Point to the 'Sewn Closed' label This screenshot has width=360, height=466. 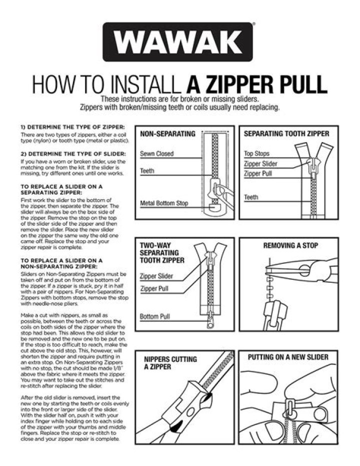point(157,154)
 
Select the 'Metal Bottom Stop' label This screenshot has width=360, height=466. point(164,203)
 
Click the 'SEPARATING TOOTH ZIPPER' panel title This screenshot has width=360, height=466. point(286,134)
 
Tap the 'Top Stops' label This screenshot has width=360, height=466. point(256,154)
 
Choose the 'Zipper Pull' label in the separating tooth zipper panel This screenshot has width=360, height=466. point(259,174)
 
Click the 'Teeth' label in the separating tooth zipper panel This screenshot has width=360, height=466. point(251,197)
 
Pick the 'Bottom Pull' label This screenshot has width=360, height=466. point(156,316)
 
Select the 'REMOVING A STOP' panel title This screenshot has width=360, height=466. point(290,246)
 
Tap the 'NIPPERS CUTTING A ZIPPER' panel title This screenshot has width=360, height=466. point(163,363)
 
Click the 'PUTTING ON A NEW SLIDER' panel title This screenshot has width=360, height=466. point(288,357)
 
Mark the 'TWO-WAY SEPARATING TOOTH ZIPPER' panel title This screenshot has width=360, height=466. point(162,253)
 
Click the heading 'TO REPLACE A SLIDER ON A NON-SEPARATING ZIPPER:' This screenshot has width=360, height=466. point(62,263)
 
